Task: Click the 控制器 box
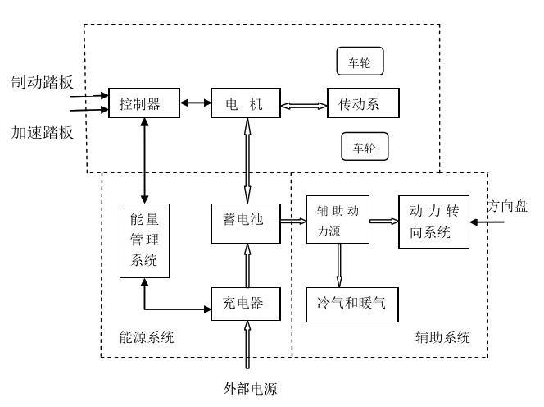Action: (144, 103)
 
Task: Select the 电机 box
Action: (246, 103)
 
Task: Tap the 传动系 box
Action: (363, 103)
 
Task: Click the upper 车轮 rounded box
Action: (360, 62)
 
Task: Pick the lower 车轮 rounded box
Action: (365, 146)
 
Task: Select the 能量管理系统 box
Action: (145, 241)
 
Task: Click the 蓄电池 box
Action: (246, 223)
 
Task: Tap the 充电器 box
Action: (246, 304)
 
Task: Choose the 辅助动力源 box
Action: (338, 219)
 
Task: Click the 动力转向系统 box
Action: (434, 222)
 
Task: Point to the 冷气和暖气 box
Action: (352, 304)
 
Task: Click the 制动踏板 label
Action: (43, 82)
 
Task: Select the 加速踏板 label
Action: (43, 132)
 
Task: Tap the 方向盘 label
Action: (508, 206)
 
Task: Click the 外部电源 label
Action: (251, 388)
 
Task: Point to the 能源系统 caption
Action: (147, 337)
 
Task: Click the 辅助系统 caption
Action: (442, 337)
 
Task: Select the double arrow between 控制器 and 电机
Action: (196, 103)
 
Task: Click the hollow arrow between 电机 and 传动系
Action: (304, 106)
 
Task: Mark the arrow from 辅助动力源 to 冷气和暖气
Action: (339, 265)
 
